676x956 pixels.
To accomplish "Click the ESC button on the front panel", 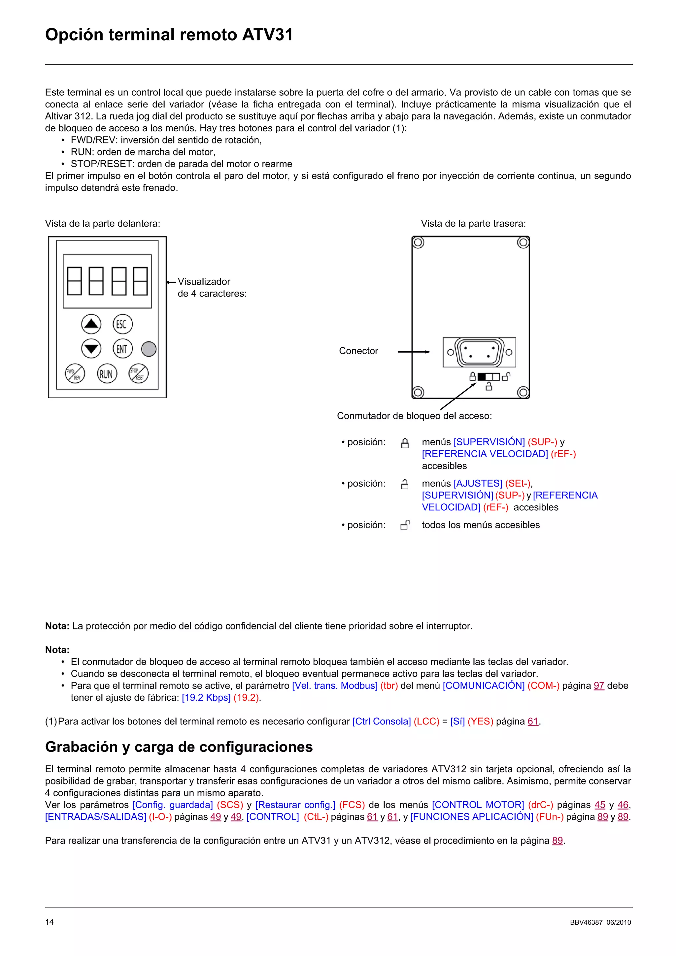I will (x=122, y=324).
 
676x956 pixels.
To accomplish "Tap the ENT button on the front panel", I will (x=122, y=349).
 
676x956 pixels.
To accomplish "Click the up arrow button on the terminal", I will (x=91, y=324).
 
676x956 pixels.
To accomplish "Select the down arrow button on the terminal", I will (x=91, y=349).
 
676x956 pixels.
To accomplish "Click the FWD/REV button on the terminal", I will (x=75, y=373).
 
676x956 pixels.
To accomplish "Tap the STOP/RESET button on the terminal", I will (x=138, y=373).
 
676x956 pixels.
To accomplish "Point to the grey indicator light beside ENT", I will (x=149, y=349).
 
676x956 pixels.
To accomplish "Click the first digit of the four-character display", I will (x=75, y=281).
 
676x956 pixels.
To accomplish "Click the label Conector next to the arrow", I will (x=358, y=351).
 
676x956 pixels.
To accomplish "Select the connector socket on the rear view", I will (x=479, y=352).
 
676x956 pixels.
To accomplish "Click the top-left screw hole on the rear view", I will (x=418, y=242).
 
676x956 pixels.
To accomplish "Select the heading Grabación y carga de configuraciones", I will (x=179, y=747).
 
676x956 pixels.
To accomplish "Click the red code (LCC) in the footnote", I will (x=426, y=721).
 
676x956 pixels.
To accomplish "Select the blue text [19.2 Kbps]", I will (x=206, y=698).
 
